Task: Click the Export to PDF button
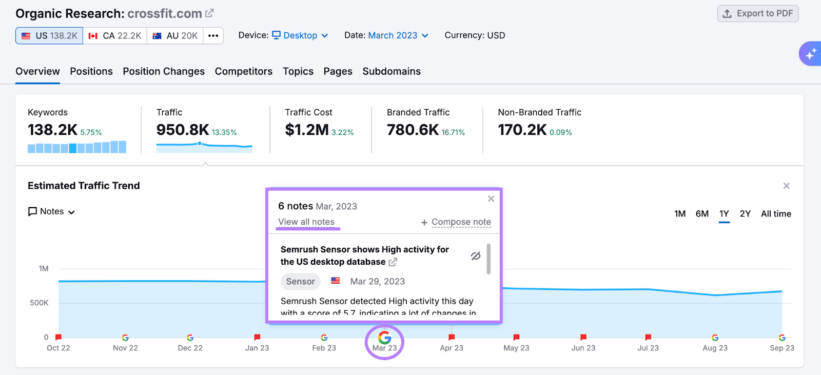coord(758,14)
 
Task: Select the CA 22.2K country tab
coord(115,36)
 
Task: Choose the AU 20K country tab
coord(175,36)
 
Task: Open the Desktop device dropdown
coord(300,35)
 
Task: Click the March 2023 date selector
coord(398,35)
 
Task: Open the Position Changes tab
coord(163,71)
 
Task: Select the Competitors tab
coord(243,71)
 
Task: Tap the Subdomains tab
coord(391,71)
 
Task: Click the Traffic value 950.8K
coord(183,130)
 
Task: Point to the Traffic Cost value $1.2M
coord(307,130)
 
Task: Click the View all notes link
coord(306,222)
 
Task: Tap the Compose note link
coord(461,222)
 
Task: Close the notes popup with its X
coord(491,199)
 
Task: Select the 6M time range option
coord(702,213)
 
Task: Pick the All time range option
coord(775,213)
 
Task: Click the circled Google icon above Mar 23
coord(384,338)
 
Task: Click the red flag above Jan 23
coord(257,337)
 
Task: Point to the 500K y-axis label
coord(39,303)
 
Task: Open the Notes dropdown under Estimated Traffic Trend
coord(52,211)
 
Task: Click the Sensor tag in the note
coord(300,281)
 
